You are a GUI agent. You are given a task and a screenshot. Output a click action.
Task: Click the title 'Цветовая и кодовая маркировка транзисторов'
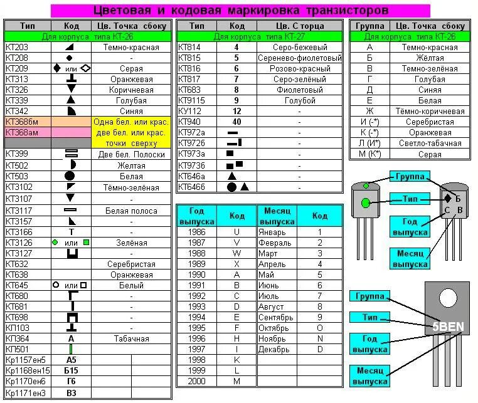[240, 11]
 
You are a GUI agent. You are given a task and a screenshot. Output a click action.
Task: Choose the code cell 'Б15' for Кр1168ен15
[70, 370]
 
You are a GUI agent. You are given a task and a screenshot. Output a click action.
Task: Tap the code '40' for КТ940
[236, 122]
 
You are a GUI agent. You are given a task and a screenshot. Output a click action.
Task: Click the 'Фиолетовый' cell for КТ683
[299, 90]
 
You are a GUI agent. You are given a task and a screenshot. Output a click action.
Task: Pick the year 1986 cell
[196, 232]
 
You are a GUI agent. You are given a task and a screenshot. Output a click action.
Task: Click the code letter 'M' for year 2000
[236, 381]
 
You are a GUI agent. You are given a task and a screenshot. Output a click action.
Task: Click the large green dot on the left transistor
[366, 202]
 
